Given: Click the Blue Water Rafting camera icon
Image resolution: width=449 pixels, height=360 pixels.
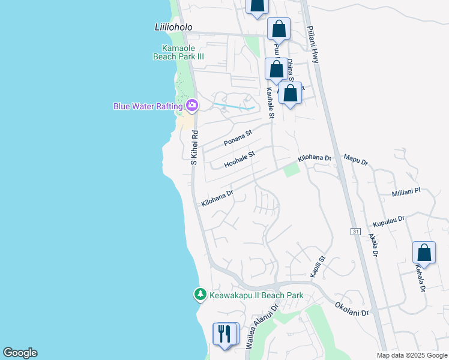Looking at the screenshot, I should (192, 106).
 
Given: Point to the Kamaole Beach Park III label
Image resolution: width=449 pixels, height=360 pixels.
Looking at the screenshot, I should (183, 52).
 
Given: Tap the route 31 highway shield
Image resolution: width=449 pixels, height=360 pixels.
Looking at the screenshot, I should (355, 232).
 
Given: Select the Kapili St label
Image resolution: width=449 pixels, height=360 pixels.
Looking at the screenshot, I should (318, 266).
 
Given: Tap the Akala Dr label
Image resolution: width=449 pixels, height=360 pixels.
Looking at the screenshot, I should (373, 245).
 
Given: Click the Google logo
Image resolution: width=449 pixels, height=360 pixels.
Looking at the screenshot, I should (20, 353).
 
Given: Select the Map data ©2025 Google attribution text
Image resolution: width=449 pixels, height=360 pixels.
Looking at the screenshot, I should (411, 355).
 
